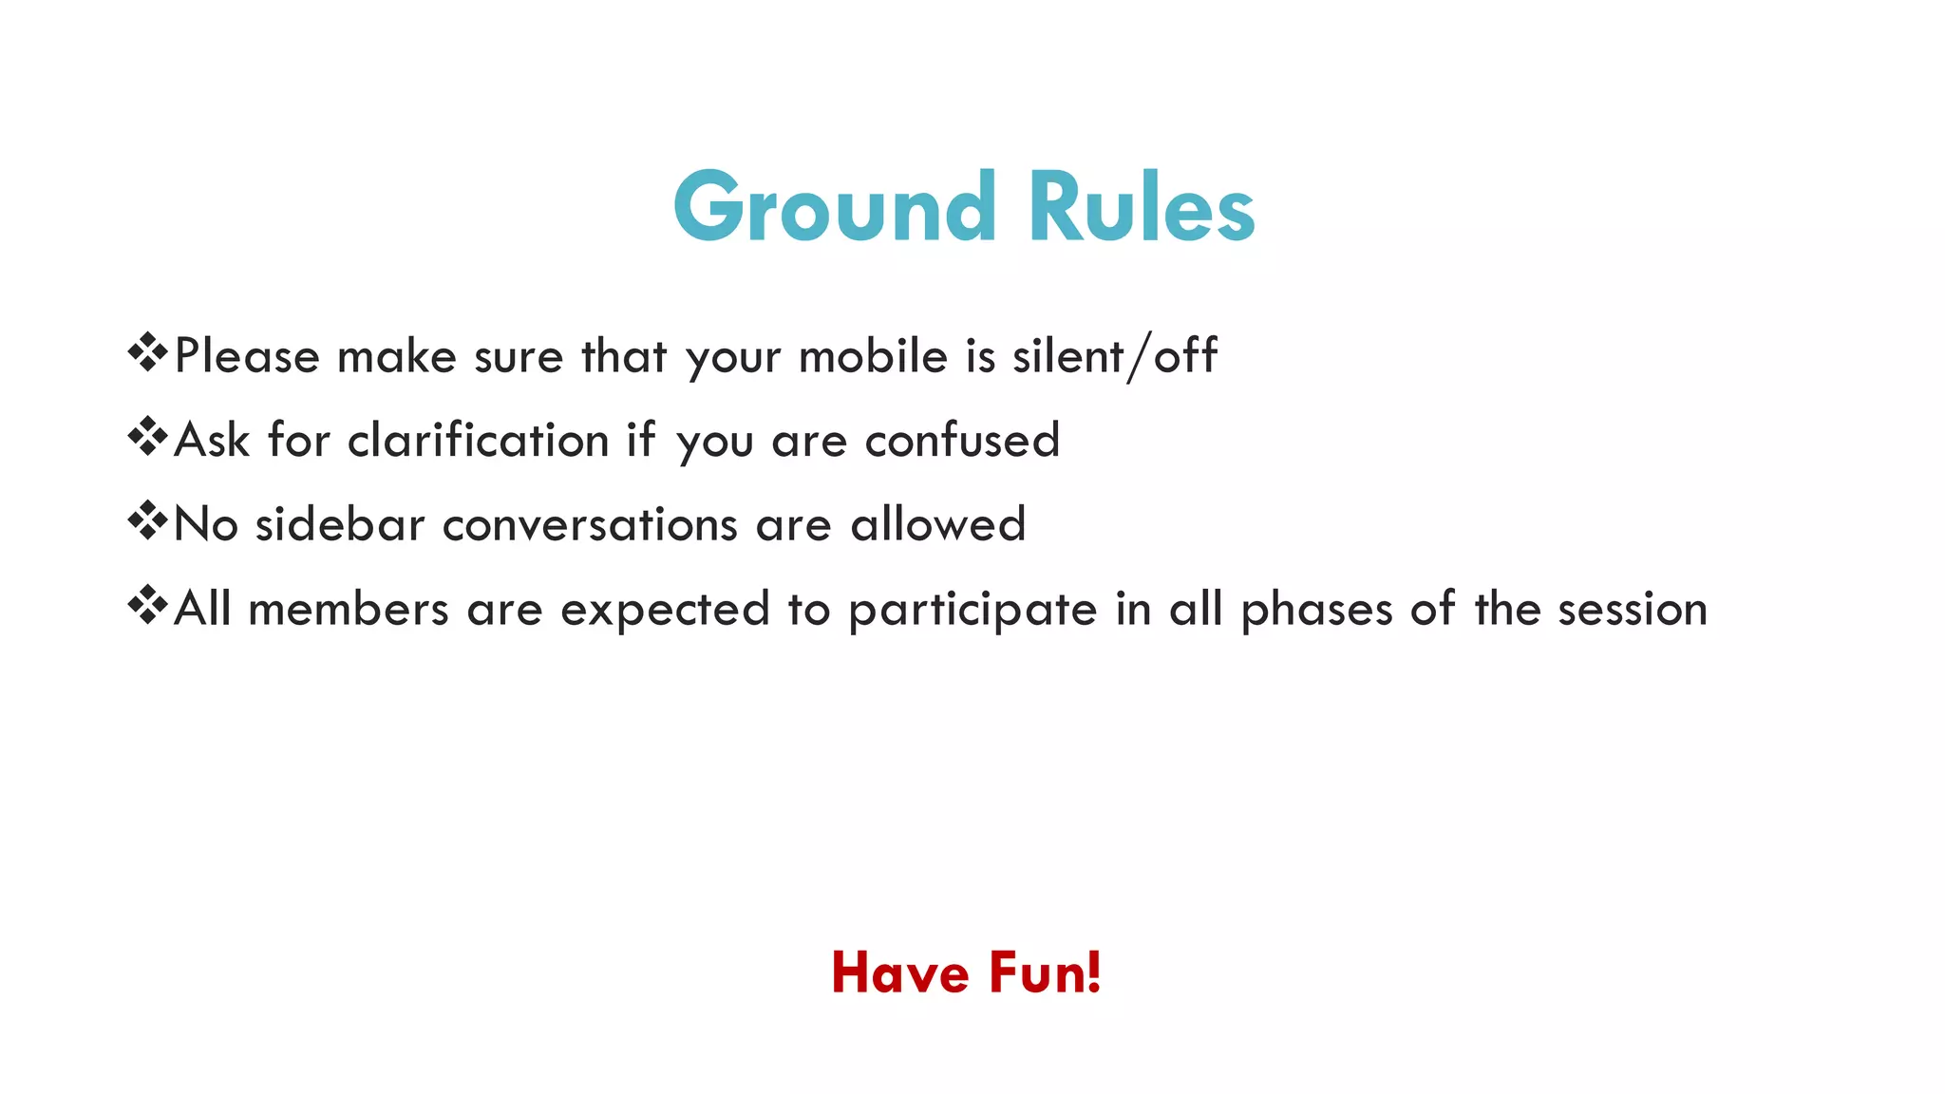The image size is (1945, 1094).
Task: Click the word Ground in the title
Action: [x=835, y=207]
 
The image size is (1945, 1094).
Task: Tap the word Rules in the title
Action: [x=1142, y=207]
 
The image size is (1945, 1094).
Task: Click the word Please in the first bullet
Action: [x=248, y=357]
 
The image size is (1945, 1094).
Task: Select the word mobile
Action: [x=873, y=357]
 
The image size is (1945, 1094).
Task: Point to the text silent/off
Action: [x=1114, y=357]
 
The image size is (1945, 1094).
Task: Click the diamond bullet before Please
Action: [x=147, y=353]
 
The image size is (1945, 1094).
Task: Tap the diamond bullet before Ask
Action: [x=147, y=437]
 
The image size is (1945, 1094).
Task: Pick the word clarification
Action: [x=478, y=441]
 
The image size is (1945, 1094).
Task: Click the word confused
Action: [x=962, y=441]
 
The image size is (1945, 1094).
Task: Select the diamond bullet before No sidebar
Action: [x=147, y=521]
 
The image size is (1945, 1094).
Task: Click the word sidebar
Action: [x=340, y=524]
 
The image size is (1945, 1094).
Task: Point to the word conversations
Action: [x=590, y=524]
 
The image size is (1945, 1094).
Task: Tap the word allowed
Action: [x=938, y=524]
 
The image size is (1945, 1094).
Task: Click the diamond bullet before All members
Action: [x=147, y=605]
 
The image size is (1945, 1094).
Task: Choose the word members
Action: [x=349, y=609]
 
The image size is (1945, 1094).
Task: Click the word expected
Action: [x=665, y=609]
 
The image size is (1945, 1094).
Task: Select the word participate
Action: [x=972, y=609]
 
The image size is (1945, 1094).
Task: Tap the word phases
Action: [x=1316, y=609]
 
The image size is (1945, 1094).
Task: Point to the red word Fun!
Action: [x=1045, y=972]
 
